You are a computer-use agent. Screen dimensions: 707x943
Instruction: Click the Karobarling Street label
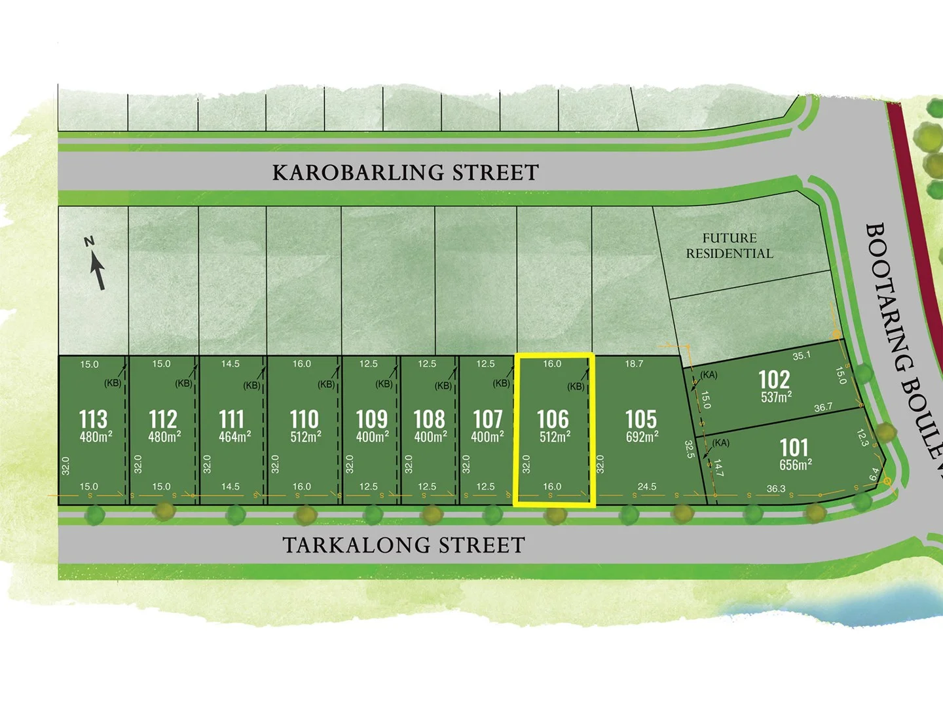coord(405,173)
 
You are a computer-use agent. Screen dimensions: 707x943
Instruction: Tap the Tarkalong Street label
coord(403,545)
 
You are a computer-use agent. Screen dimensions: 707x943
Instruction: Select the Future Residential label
coord(730,246)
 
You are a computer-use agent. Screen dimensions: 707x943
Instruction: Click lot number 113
coord(93,419)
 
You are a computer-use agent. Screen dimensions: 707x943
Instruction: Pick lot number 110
coord(304,419)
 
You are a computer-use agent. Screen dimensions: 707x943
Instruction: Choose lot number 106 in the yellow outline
coord(553,419)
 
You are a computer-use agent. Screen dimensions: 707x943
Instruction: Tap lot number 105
coord(640,419)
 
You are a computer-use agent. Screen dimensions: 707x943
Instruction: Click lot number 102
coord(774,380)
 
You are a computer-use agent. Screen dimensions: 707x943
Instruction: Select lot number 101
coord(794,448)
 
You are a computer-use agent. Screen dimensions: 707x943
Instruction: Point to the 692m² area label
coord(642,437)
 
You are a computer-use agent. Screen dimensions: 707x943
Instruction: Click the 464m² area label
coord(234,437)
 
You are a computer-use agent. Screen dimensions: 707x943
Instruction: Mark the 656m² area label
coord(796,465)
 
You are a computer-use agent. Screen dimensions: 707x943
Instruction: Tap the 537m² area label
coord(776,397)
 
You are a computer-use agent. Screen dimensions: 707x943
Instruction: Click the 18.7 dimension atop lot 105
coord(634,364)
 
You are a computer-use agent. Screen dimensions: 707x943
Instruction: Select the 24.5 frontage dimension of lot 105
coord(647,486)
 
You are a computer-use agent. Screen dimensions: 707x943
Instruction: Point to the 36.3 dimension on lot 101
coord(776,489)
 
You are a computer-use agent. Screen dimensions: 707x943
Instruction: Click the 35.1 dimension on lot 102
coord(802,355)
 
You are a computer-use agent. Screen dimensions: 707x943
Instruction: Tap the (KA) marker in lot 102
coord(709,375)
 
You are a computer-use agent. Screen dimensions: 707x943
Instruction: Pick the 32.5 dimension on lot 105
coord(689,449)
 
